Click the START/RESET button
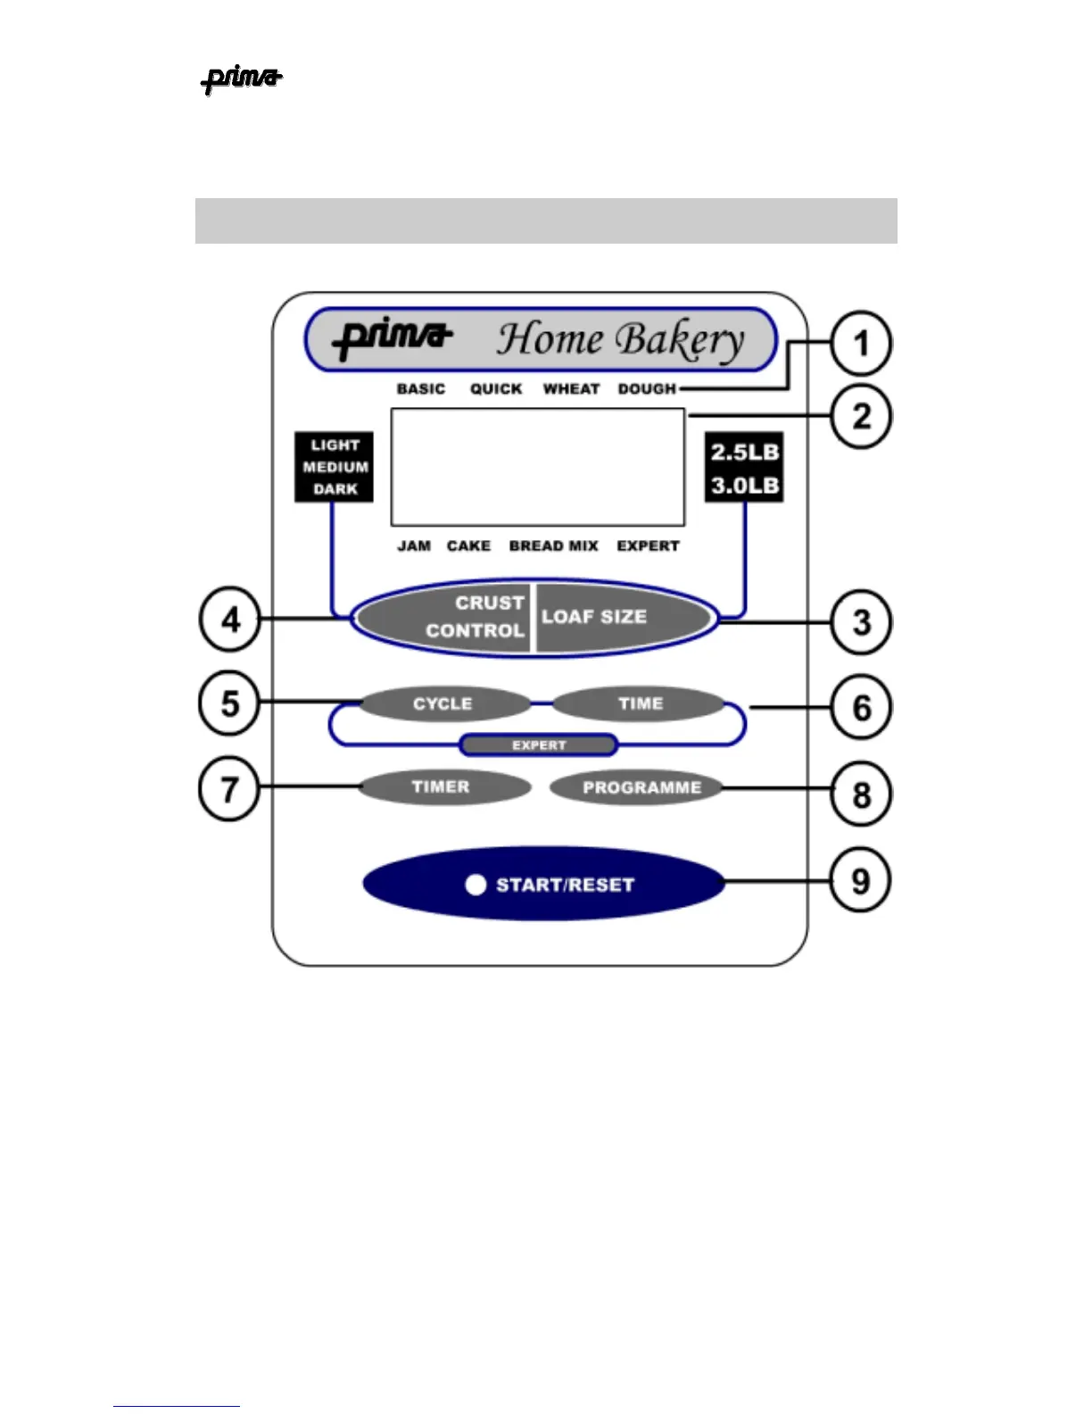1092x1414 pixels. coord(544,884)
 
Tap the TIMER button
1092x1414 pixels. coord(443,787)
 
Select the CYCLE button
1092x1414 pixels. coord(444,703)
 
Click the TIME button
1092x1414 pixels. coord(639,703)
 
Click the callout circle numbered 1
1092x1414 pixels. coord(861,343)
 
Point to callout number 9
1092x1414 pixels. coord(860,881)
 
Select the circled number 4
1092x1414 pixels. coord(230,619)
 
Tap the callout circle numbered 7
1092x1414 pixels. coord(229,789)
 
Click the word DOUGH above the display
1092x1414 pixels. coord(647,389)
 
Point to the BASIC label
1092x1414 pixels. coord(421,389)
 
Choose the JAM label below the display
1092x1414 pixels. coord(414,545)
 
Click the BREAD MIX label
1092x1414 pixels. coord(553,545)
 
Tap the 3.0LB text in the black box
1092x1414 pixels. coord(745,486)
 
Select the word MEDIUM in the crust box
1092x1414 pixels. coord(335,467)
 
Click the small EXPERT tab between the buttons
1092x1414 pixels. coord(539,745)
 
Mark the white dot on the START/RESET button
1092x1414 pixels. coord(476,885)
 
